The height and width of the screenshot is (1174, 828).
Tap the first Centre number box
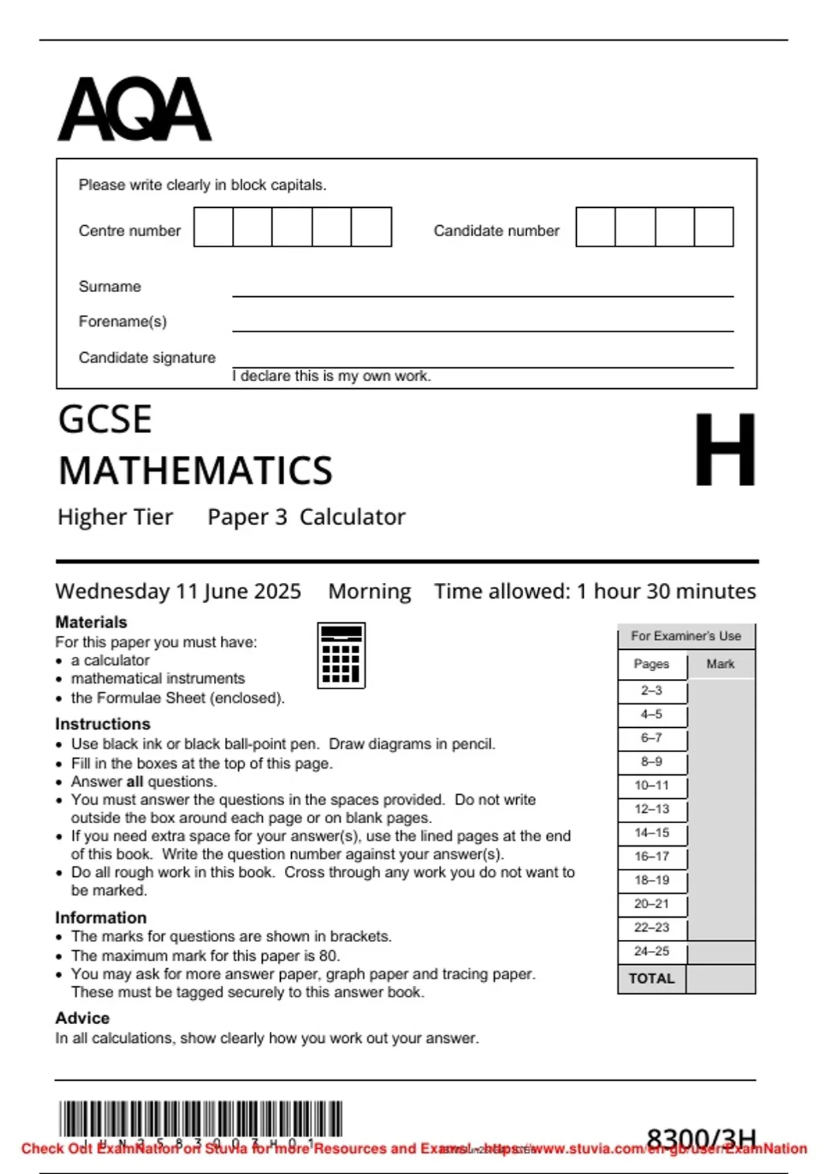213,227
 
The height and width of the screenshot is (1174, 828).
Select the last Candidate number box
713,227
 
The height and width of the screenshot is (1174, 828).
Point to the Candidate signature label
147,358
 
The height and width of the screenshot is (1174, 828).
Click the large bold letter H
724,450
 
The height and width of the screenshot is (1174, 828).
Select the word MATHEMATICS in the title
195,471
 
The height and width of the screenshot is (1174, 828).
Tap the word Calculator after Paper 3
352,517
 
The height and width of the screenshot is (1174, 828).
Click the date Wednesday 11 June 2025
178,591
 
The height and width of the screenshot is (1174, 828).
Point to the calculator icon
341,655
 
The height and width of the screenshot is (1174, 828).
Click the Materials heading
91,622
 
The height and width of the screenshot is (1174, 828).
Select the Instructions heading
103,724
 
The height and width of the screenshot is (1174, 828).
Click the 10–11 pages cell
651,785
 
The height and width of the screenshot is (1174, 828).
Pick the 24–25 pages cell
651,951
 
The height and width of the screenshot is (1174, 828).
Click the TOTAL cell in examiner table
651,979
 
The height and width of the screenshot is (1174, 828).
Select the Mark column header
720,664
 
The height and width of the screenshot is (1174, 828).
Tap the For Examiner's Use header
686,635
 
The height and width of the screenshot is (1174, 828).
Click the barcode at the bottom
200,1119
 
